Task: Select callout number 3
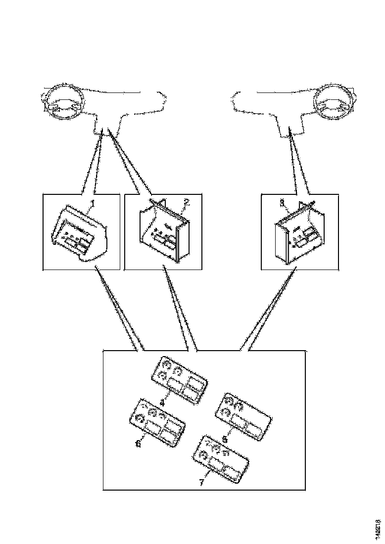point(282,202)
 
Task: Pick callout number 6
point(138,444)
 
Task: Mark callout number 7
point(201,483)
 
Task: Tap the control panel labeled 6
point(157,422)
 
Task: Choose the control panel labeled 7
point(221,460)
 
